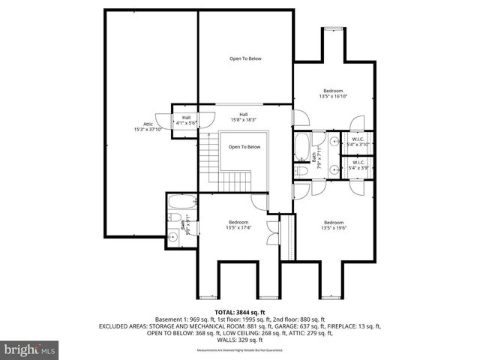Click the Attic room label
point(142,127)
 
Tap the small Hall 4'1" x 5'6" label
point(184,119)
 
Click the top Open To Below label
point(244,58)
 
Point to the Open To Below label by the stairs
point(244,147)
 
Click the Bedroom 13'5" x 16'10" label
point(334,94)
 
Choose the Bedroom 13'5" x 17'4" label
point(238,225)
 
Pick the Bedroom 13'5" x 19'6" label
point(334,225)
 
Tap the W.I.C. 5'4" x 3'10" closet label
point(357,142)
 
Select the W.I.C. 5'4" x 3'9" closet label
point(357,165)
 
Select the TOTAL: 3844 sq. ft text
point(240,312)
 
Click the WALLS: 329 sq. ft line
point(240,340)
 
